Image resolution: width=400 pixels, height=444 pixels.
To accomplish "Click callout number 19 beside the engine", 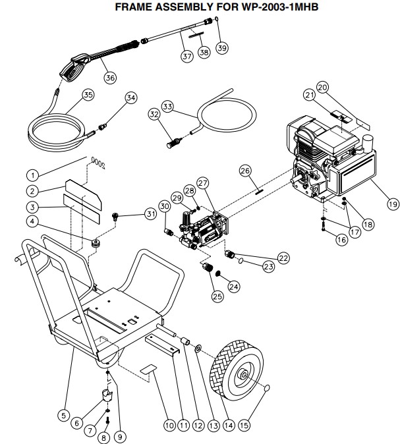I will point(393,204).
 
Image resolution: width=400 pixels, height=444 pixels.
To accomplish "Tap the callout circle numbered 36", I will point(109,77).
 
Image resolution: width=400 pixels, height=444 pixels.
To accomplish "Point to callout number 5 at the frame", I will point(63,415).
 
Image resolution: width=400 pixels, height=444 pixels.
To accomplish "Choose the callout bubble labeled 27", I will point(202,182).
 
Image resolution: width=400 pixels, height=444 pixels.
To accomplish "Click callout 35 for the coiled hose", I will point(88,94).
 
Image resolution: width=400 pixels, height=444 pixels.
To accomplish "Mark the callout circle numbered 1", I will point(31,175).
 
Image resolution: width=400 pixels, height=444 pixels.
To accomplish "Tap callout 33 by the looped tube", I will point(167,106).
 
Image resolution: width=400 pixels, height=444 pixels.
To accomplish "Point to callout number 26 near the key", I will point(245,172).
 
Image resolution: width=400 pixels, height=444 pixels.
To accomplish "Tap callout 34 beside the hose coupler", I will point(130,98).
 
